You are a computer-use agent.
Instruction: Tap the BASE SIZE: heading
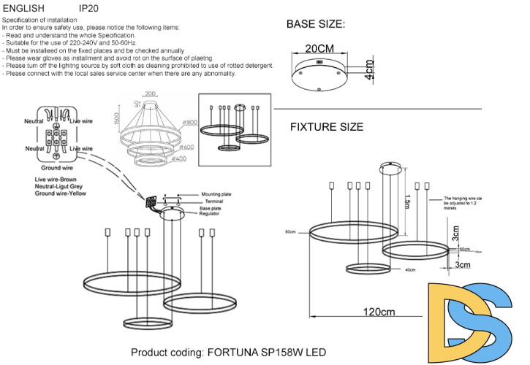coord(315,24)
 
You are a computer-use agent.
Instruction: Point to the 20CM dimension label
coord(319,48)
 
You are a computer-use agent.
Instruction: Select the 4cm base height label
coord(370,70)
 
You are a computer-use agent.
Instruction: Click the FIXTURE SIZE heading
coord(326,126)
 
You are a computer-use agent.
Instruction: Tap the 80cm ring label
coord(291,232)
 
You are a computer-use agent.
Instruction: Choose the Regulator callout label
coord(212,216)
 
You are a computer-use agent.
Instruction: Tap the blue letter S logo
coord(500,323)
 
